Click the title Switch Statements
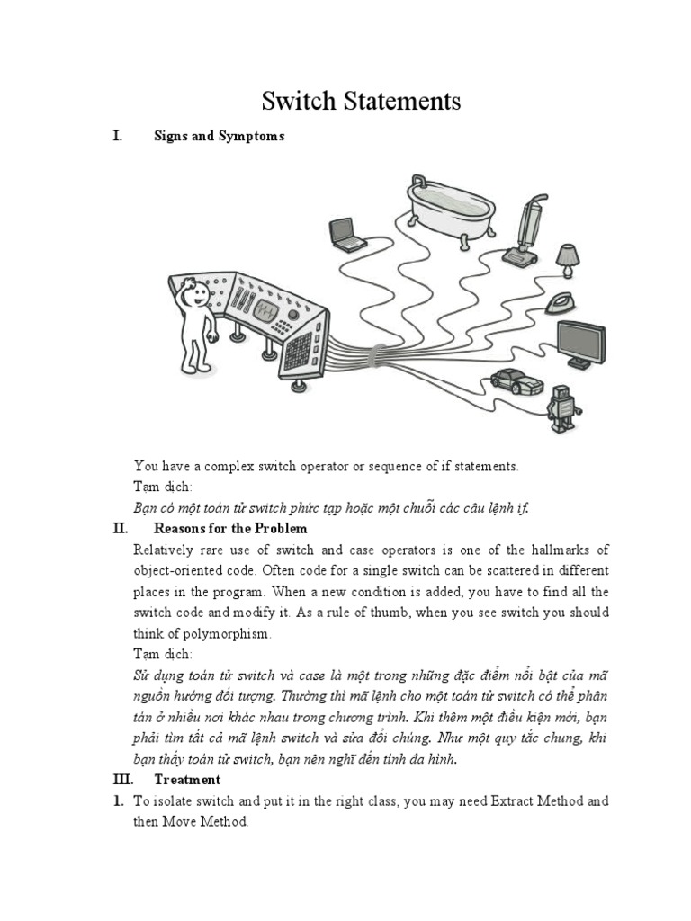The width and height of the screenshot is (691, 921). pyautogui.click(x=361, y=101)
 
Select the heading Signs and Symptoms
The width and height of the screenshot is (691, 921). pyautogui.click(x=219, y=136)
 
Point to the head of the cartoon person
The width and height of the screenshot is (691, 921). pyautogui.click(x=192, y=292)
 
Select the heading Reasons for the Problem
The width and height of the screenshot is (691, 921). pyautogui.click(x=230, y=528)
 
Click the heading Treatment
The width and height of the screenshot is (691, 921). pyautogui.click(x=187, y=779)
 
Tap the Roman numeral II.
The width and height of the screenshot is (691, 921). pyautogui.click(x=121, y=528)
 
